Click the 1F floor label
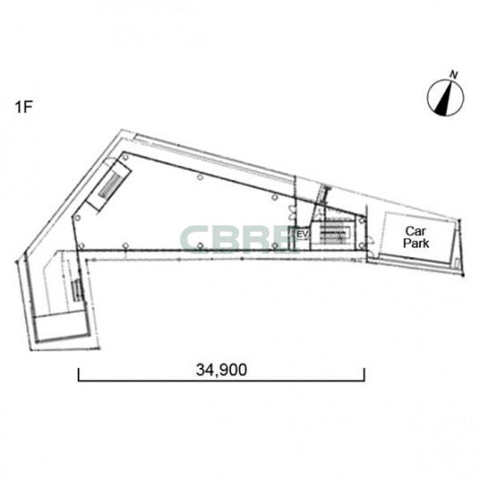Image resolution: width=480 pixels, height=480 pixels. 23,107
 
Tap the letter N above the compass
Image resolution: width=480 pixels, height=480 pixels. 454,74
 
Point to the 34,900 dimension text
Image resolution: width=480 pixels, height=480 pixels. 221,370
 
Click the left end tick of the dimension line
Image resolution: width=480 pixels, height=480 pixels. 79,374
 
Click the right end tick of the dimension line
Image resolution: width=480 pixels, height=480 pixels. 364,374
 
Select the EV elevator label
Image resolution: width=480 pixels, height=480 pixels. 302,234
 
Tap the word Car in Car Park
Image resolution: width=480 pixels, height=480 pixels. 416,231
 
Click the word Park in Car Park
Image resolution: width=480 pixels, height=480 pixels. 416,243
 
